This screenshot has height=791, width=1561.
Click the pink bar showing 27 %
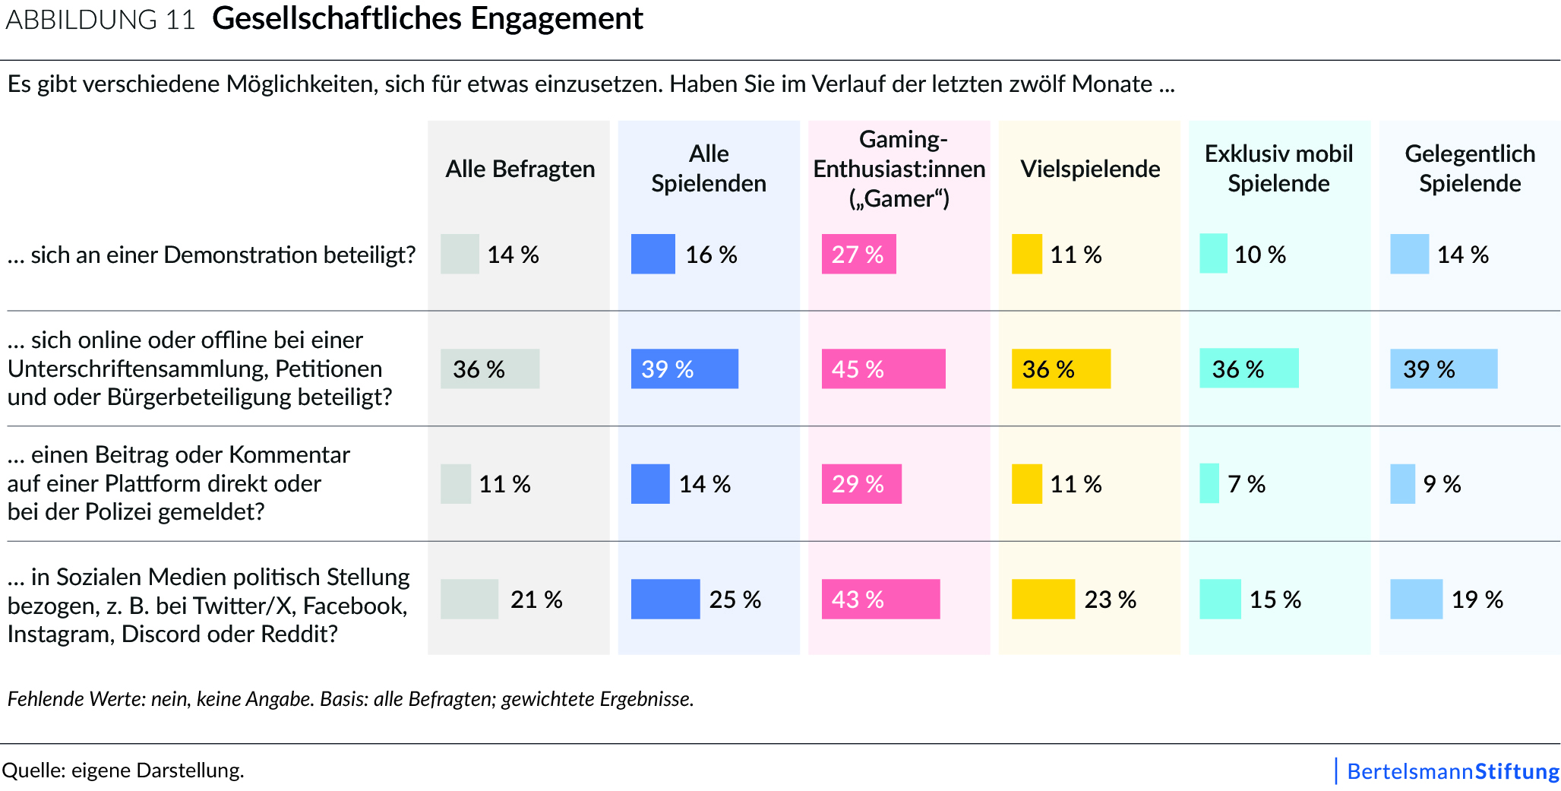858,254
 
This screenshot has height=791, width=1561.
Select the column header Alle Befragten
520,169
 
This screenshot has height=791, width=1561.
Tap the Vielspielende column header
1090,169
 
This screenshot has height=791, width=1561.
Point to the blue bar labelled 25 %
665,599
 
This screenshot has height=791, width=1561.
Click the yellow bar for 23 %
1043,599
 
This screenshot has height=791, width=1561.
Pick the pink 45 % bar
883,369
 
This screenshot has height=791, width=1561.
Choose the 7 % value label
1247,484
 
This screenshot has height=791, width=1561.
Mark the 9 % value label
1442,484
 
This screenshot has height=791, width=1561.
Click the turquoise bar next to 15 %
1220,599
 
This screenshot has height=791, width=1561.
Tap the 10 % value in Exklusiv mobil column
1260,255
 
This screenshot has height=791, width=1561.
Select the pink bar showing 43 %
880,599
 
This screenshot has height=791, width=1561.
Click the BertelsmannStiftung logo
1452,771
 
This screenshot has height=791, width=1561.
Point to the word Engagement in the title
556,19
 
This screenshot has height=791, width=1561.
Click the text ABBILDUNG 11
100,20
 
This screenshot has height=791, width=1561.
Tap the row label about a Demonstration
211,255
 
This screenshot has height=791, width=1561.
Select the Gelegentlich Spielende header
1470,169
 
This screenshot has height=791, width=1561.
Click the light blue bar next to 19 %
1416,599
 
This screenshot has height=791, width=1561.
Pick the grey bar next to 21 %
469,599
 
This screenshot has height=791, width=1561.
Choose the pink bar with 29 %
861,484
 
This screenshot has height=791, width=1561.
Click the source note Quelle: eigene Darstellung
123,770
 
